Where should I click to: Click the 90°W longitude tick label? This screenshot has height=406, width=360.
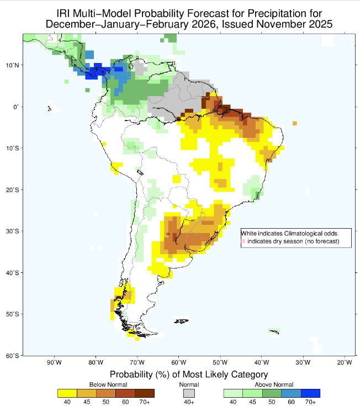pyautogui.click(x=54, y=363)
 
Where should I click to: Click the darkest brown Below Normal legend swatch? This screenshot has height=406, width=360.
pyautogui.click(x=144, y=393)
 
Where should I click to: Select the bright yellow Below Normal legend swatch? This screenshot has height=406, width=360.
pyautogui.click(x=67, y=393)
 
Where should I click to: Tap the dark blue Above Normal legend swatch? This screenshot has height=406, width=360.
pyautogui.click(x=310, y=393)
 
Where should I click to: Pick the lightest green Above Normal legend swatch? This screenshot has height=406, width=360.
pyautogui.click(x=233, y=393)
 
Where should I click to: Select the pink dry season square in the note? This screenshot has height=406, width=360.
pyautogui.click(x=243, y=241)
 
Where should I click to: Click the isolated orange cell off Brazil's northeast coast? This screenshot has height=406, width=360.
pyautogui.click(x=295, y=123)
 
